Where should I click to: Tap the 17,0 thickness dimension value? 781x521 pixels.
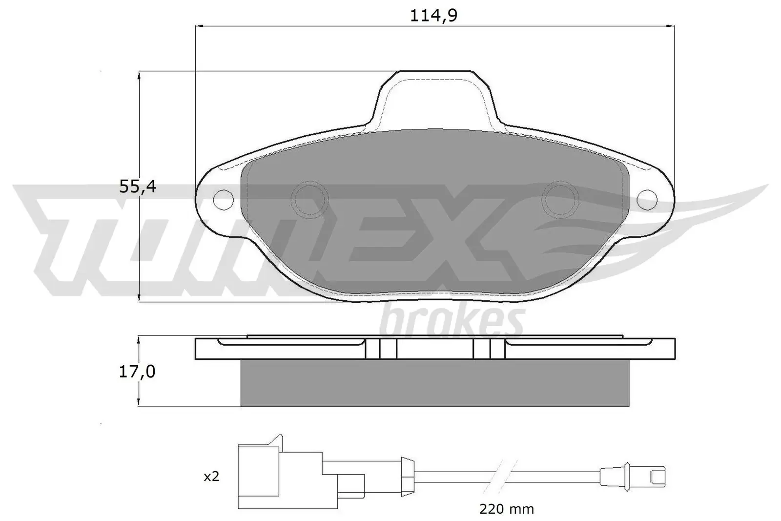(137, 372)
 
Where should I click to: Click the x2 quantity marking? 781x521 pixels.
(211, 477)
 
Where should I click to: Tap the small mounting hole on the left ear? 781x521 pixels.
(224, 199)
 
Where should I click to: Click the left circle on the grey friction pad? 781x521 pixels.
(309, 199)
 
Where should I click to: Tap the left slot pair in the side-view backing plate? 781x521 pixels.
(381, 349)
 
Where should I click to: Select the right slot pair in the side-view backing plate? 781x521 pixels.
(489, 349)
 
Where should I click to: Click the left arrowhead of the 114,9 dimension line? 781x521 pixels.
(198, 25)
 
